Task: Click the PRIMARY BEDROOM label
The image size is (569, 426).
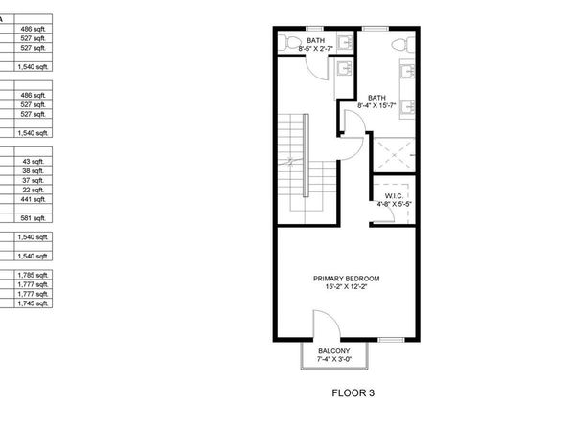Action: (347, 279)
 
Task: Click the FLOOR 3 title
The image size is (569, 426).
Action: (353, 392)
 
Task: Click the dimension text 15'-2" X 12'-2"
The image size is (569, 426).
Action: (347, 285)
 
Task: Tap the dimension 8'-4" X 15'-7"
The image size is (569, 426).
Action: (376, 103)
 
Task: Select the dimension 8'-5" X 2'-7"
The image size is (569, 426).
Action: (316, 47)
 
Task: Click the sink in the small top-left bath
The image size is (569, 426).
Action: (342, 66)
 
